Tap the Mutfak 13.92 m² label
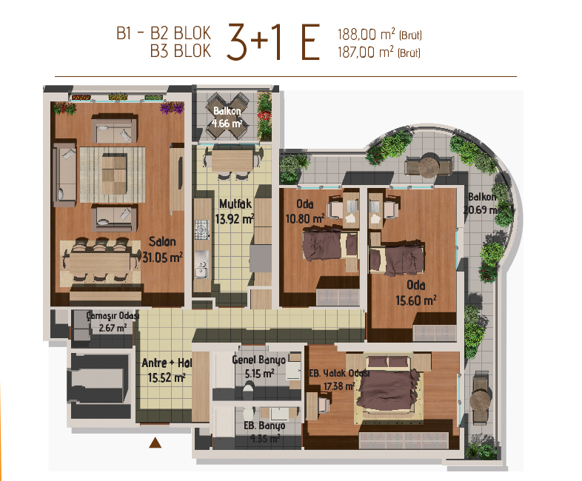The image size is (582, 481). [x=235, y=212]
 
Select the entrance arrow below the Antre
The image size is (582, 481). [x=155, y=443]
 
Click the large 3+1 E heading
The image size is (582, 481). [x=273, y=42]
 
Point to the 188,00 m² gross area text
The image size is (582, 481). [x=379, y=35]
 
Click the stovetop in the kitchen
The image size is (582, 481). [x=202, y=230]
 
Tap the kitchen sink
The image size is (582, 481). [x=201, y=264]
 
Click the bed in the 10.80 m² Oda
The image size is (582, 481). [x=330, y=246]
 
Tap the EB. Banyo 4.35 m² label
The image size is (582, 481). [x=264, y=432]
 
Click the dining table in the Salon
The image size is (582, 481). [x=100, y=262]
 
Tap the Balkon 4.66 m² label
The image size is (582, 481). [x=227, y=117]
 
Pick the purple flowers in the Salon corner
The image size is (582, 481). [x=172, y=107]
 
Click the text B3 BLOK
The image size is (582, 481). [x=181, y=51]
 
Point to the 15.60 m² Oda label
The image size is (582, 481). [x=416, y=292]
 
